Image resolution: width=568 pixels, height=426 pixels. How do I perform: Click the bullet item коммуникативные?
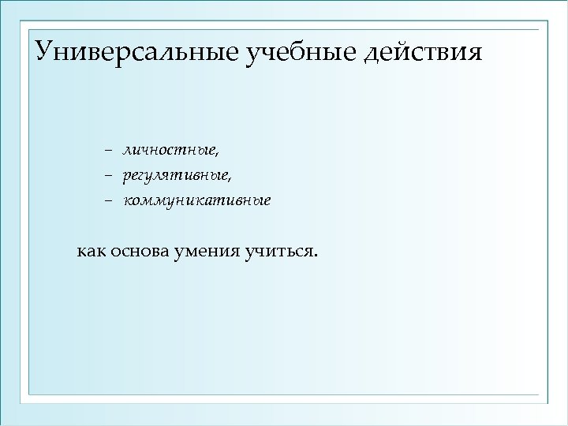click(196, 200)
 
